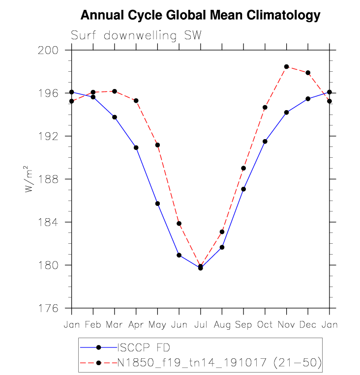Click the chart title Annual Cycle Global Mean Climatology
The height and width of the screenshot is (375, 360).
coord(200,15)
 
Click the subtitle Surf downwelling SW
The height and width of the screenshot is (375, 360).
coord(136,35)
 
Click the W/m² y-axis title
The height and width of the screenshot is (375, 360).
coord(30,179)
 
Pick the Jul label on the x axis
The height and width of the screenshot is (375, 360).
coord(201,325)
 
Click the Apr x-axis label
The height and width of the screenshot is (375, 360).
coord(136,325)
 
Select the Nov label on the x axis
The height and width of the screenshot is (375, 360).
coord(286,325)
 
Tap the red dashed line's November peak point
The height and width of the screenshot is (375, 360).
coord(286,67)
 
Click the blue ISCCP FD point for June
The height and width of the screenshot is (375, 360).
coord(179,255)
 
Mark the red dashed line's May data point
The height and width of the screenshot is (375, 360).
coord(157,145)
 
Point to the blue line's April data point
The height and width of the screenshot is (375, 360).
coord(136,147)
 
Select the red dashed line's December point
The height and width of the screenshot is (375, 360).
coord(308,73)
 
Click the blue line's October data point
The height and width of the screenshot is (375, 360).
coord(265,142)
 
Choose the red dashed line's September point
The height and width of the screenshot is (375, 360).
coord(243,168)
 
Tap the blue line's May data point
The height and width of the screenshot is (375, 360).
coord(157,203)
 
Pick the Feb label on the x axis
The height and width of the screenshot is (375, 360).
coord(93,325)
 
